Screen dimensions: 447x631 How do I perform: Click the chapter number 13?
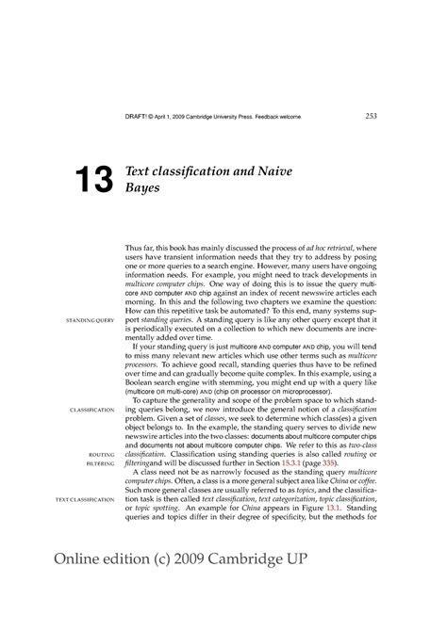(87, 183)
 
